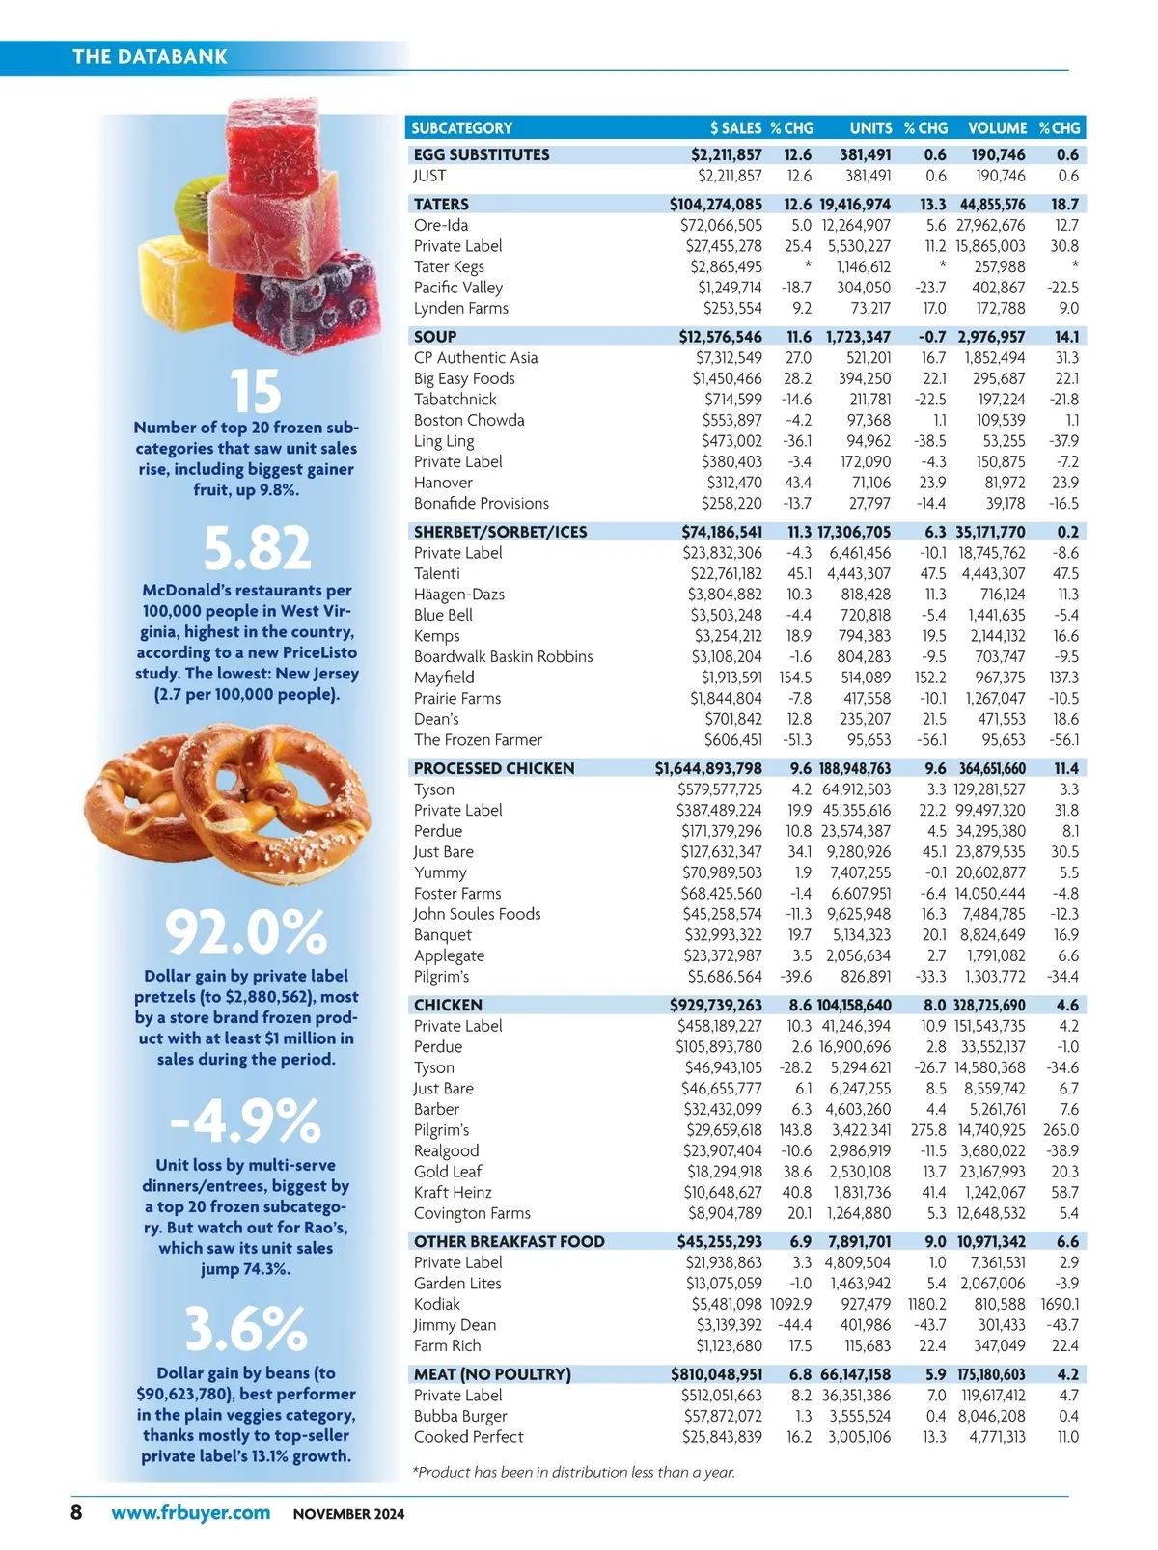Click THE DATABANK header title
point(150,57)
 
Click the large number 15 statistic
point(256,391)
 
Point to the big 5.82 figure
point(257,548)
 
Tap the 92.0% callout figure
point(246,932)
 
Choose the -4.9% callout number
point(245,1121)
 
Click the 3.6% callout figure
point(246,1328)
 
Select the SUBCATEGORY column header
point(461,128)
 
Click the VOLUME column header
point(997,128)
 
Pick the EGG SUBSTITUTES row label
point(482,154)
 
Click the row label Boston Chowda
point(469,420)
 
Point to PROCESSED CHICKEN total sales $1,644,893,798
point(708,768)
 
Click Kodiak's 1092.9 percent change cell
point(790,1304)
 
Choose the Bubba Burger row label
point(460,1416)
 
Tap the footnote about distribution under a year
point(573,1472)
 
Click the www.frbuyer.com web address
point(190,1512)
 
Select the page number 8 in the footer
point(76,1511)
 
